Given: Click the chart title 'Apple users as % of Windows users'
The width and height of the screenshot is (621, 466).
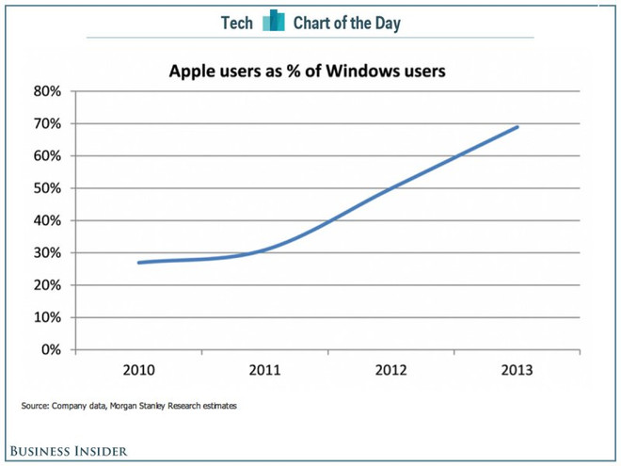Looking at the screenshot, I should click(307, 71).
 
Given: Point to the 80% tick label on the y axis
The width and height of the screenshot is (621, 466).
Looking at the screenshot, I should click(47, 91).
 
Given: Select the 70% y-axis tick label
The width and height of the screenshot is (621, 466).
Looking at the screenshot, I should click(47, 123).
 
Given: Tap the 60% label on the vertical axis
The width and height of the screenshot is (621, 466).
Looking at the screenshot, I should click(47, 156).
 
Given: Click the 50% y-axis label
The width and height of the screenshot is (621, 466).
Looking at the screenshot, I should click(47, 188).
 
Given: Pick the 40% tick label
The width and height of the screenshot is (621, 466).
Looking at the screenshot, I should click(47, 220).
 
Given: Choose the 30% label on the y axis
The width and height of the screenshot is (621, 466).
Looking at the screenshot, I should click(47, 252).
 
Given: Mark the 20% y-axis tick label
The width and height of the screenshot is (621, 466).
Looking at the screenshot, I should click(47, 285).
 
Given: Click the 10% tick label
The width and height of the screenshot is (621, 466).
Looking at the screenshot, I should click(47, 317).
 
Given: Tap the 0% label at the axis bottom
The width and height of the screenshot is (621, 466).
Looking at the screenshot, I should click(51, 349).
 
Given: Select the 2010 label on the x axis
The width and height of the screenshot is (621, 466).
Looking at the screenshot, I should click(139, 370).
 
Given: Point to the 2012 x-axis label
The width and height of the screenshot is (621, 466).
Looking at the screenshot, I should click(390, 370).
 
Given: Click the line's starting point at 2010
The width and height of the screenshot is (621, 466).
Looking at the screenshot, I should click(139, 263).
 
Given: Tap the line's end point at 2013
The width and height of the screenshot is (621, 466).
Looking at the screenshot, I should click(517, 127).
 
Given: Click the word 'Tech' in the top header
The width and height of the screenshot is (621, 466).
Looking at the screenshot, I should click(236, 23).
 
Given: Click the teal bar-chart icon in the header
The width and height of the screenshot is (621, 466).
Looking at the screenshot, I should click(274, 21).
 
